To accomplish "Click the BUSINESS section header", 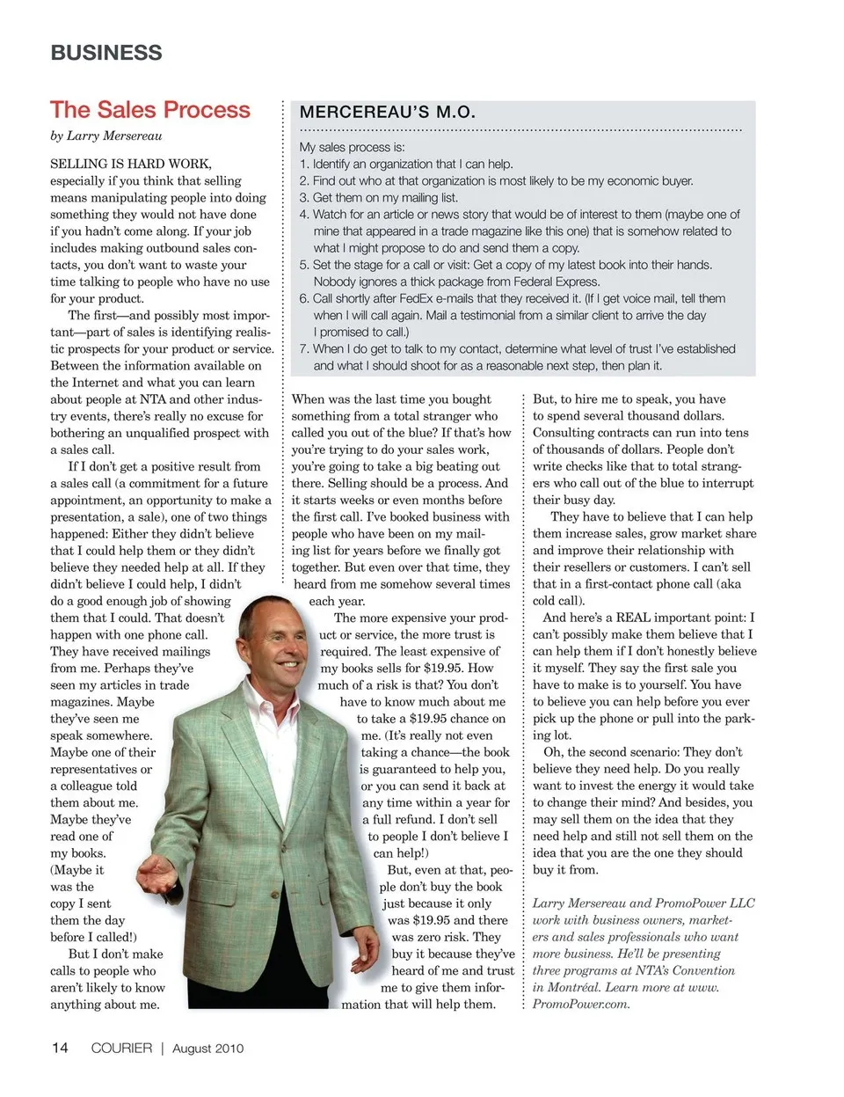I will [x=106, y=53].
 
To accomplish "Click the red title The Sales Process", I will [x=150, y=110].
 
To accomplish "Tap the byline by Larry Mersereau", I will [x=106, y=135].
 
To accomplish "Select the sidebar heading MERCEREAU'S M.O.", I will [x=388, y=113].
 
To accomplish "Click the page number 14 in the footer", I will [x=60, y=1048].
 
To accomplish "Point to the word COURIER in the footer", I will [x=121, y=1048].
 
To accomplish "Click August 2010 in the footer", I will [x=208, y=1049].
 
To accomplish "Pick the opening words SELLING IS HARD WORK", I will [x=131, y=164].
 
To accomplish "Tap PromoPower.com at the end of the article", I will [x=581, y=1004].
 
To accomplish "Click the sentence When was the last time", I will [x=391, y=399].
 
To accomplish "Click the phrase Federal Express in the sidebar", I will [x=557, y=282].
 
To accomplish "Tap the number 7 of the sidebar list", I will [x=303, y=349].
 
